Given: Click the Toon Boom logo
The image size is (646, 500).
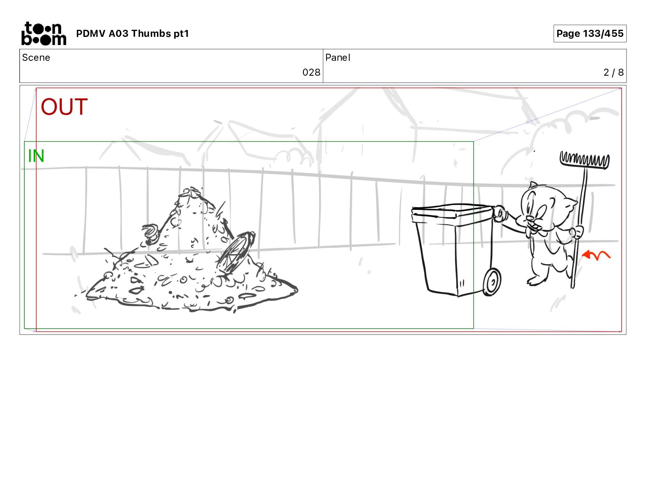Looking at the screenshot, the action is (44, 33).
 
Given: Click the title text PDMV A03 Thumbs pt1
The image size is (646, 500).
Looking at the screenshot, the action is (132, 34).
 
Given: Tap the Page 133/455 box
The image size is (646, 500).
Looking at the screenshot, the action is (590, 33).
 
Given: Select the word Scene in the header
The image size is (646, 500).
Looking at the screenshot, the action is (36, 58).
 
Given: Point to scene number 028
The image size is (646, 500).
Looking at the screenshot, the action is (311, 73).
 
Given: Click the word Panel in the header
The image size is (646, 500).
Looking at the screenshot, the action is (338, 58).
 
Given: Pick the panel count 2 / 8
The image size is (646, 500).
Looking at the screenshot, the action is (613, 73).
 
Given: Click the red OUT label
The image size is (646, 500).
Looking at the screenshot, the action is (64, 107).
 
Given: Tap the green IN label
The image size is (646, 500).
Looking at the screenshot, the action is (36, 156).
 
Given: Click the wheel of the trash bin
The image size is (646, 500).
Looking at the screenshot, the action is (492, 282).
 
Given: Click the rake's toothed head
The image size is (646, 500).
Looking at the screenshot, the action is (585, 160).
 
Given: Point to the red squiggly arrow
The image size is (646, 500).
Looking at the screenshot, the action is (596, 255).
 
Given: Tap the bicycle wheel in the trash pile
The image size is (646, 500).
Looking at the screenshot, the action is (236, 252).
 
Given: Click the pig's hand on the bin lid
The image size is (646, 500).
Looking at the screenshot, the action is (499, 213).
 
